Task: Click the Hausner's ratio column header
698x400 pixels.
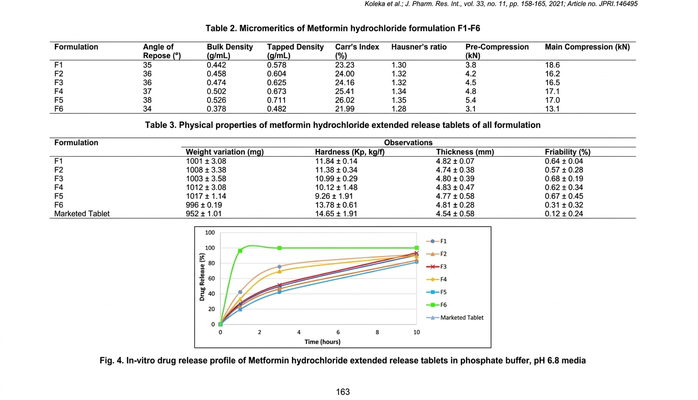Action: click(419, 47)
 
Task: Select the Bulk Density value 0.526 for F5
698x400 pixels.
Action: click(217, 100)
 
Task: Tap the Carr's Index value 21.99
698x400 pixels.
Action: click(345, 109)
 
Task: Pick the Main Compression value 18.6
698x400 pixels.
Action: click(553, 65)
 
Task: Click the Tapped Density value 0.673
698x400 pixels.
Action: click(277, 91)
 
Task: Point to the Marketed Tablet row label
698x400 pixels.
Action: click(82, 214)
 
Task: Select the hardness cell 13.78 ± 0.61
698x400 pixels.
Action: click(336, 205)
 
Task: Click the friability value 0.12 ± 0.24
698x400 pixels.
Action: click(564, 214)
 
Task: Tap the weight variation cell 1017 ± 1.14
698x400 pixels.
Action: click(206, 196)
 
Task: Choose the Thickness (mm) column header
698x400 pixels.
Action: click(465, 152)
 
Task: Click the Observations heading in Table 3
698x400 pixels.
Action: click(408, 143)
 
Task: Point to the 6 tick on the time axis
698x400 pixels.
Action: click(338, 332)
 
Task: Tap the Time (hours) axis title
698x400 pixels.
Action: click(322, 342)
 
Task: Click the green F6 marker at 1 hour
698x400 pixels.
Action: click(240, 251)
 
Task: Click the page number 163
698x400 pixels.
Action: click(343, 392)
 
